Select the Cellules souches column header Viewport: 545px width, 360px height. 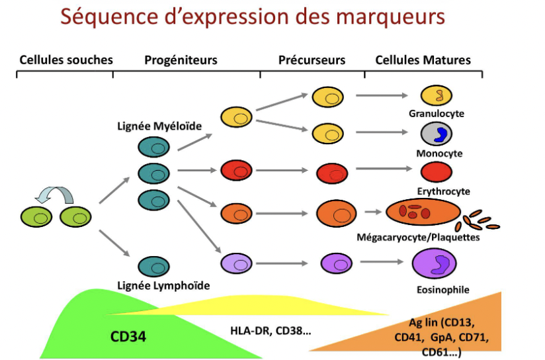tap(66, 60)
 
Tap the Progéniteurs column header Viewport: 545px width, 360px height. tap(181, 60)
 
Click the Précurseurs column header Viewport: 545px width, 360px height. tap(312, 60)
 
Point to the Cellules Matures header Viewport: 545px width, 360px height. tap(423, 60)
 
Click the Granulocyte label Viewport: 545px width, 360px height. tap(437, 114)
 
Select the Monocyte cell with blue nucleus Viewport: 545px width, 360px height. tap(437, 134)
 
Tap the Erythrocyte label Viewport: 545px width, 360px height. tap(443, 191)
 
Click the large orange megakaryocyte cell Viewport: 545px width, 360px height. tap(421, 213)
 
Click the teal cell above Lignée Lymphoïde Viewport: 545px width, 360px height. tap(154, 267)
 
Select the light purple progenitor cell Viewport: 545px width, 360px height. tap(234, 263)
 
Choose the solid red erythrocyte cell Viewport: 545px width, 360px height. tap(437, 172)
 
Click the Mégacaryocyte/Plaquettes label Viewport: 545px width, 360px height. tap(418, 237)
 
